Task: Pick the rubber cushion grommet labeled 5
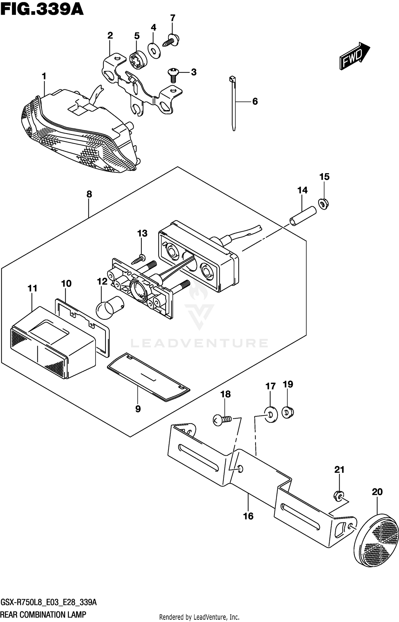point(138,60)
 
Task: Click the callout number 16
point(248,516)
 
